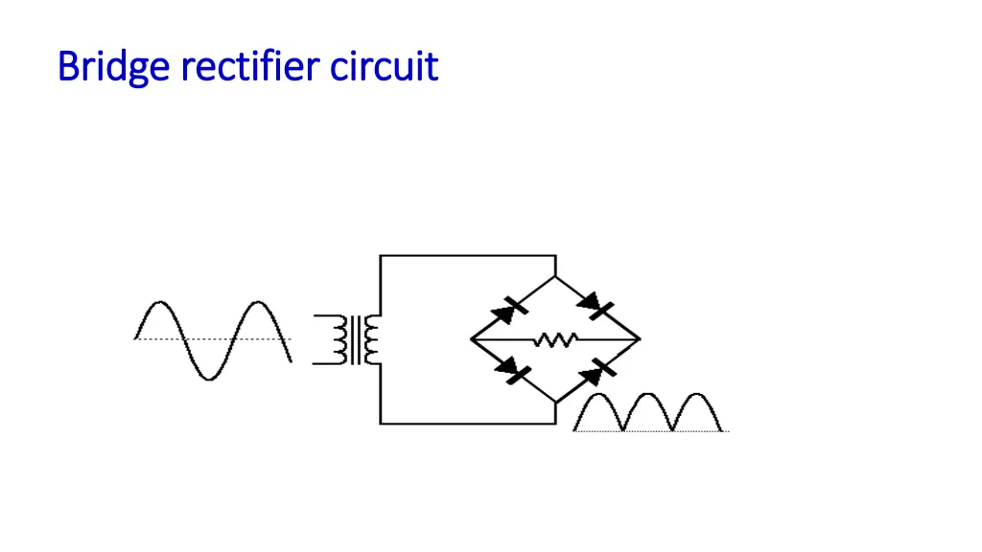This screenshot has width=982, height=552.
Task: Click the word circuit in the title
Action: point(384,67)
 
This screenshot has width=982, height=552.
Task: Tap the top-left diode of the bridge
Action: point(509,309)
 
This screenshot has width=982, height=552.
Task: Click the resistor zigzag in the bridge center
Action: point(555,339)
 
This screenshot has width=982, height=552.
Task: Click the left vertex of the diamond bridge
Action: point(471,339)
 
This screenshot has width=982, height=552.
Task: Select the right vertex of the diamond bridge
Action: point(640,339)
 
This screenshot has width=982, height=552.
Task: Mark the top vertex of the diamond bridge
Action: point(555,278)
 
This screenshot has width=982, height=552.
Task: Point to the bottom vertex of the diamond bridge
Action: point(555,402)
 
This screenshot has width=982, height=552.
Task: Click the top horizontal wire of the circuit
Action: point(468,256)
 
